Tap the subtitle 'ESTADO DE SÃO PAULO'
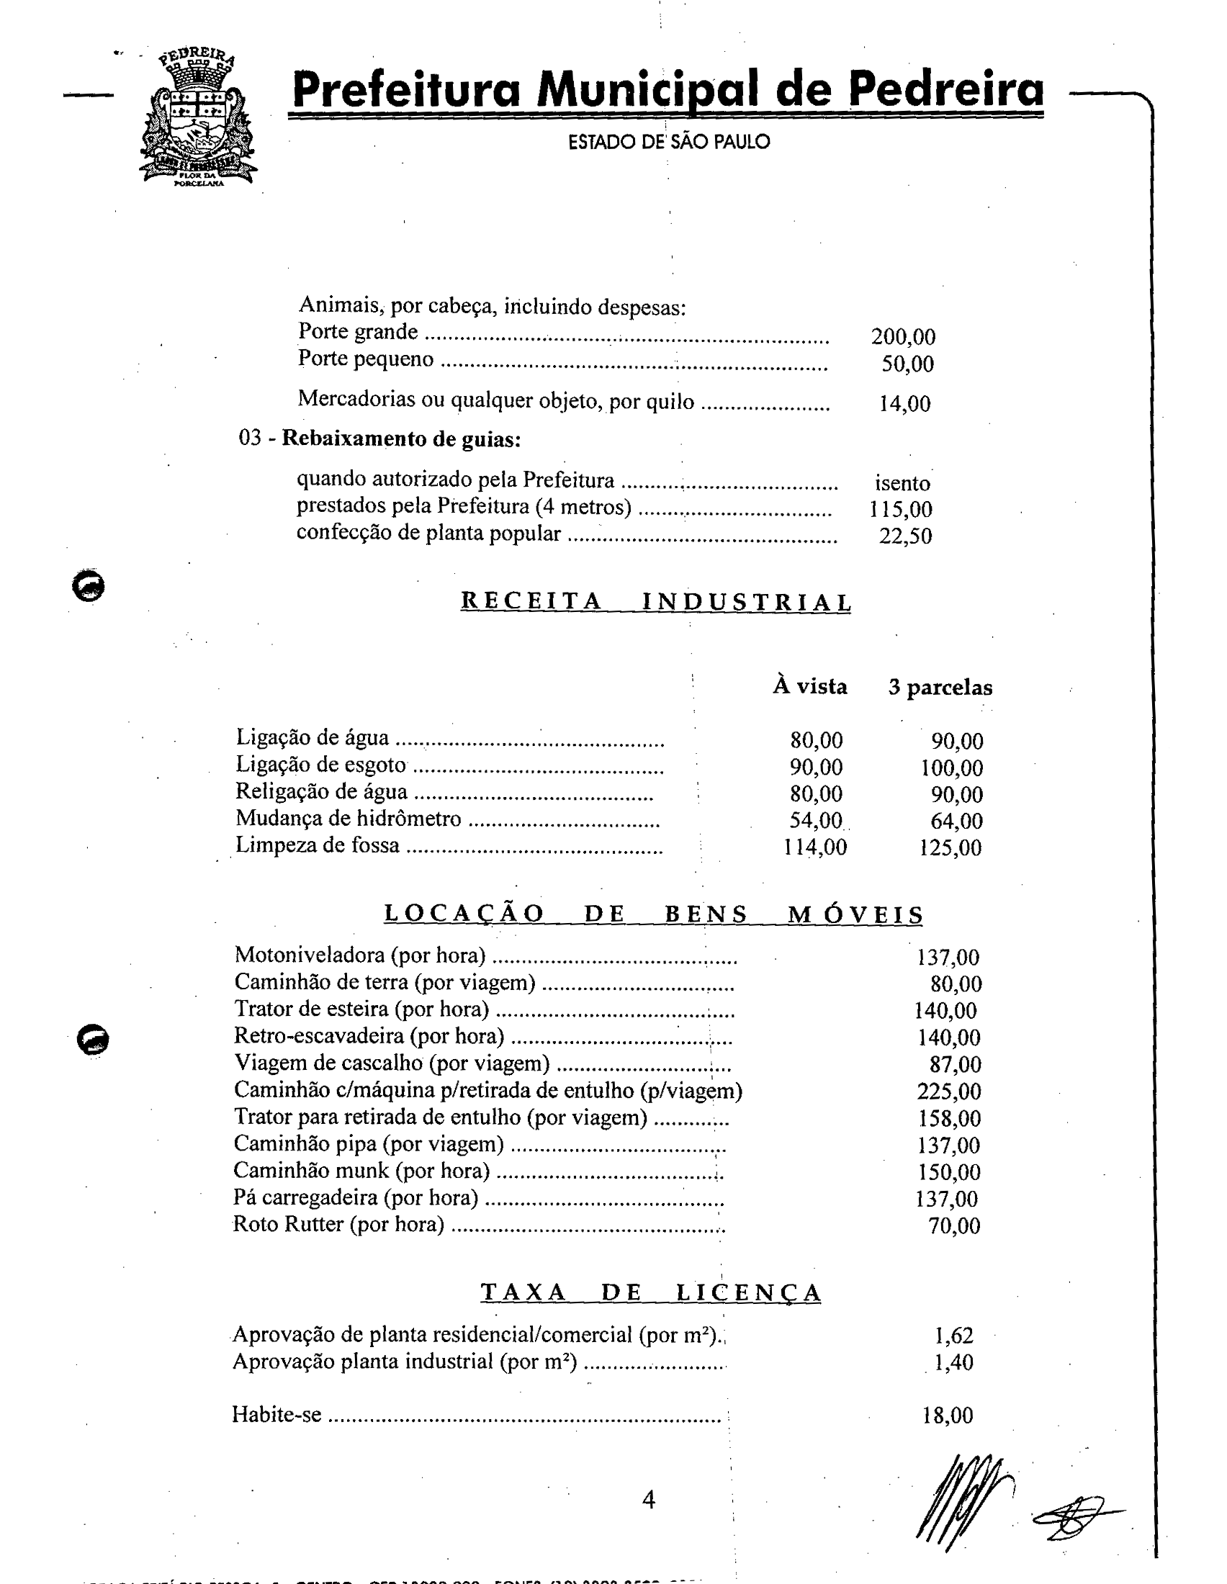point(669,141)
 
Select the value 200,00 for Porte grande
point(903,336)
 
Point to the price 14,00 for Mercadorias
point(904,404)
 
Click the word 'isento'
point(902,483)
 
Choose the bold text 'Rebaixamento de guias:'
point(401,438)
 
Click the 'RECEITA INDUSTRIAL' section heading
point(655,602)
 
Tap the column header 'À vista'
point(810,686)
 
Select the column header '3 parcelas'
point(940,687)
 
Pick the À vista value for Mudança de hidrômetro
point(816,820)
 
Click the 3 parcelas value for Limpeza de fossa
point(950,847)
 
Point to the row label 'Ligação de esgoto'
point(320,765)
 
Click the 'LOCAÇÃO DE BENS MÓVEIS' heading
point(653,914)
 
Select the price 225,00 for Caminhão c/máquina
point(948,1091)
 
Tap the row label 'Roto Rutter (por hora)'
point(338,1224)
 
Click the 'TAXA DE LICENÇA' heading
point(650,1292)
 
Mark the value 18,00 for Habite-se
point(947,1415)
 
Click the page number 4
point(649,1499)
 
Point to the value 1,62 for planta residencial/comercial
point(953,1334)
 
